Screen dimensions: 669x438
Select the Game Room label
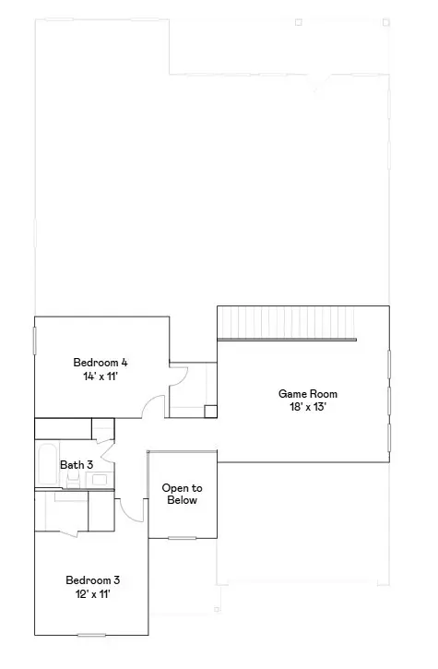[302, 394]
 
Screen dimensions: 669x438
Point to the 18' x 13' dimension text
[302, 407]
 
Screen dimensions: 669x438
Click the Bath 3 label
[76, 466]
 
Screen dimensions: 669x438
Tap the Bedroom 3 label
[92, 580]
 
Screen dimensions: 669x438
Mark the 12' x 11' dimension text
[92, 595]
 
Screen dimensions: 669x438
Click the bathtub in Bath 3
[47, 465]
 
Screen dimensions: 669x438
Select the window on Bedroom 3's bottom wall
[91, 634]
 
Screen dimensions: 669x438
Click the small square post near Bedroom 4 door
[210, 412]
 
